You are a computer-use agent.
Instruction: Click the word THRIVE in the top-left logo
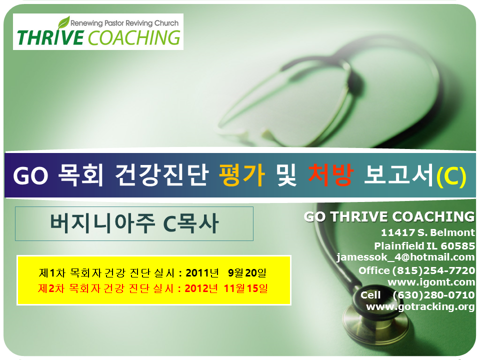pos(50,37)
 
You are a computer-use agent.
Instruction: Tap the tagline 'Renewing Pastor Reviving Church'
pos(124,23)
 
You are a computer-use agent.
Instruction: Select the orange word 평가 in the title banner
pos(242,175)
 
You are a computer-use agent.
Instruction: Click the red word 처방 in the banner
pos(331,175)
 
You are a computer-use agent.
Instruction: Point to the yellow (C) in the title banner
pos(451,176)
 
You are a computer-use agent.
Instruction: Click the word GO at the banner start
pos(30,175)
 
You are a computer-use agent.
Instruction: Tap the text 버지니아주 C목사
pos(134,223)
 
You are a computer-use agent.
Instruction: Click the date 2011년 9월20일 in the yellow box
pos(226,272)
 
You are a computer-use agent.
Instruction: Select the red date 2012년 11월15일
pos(226,288)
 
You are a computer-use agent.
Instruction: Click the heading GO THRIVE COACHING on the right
pos(389,216)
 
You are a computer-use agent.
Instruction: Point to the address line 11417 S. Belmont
pos(428,232)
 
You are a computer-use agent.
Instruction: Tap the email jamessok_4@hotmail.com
pos(405,257)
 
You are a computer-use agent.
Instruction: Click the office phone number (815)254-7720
pos(433,270)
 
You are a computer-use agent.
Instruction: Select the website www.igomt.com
pos(431,281)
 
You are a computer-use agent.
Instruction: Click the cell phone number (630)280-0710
pos(434,295)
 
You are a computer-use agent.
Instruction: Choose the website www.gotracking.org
pos(420,306)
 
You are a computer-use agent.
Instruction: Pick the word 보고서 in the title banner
pos(399,175)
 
